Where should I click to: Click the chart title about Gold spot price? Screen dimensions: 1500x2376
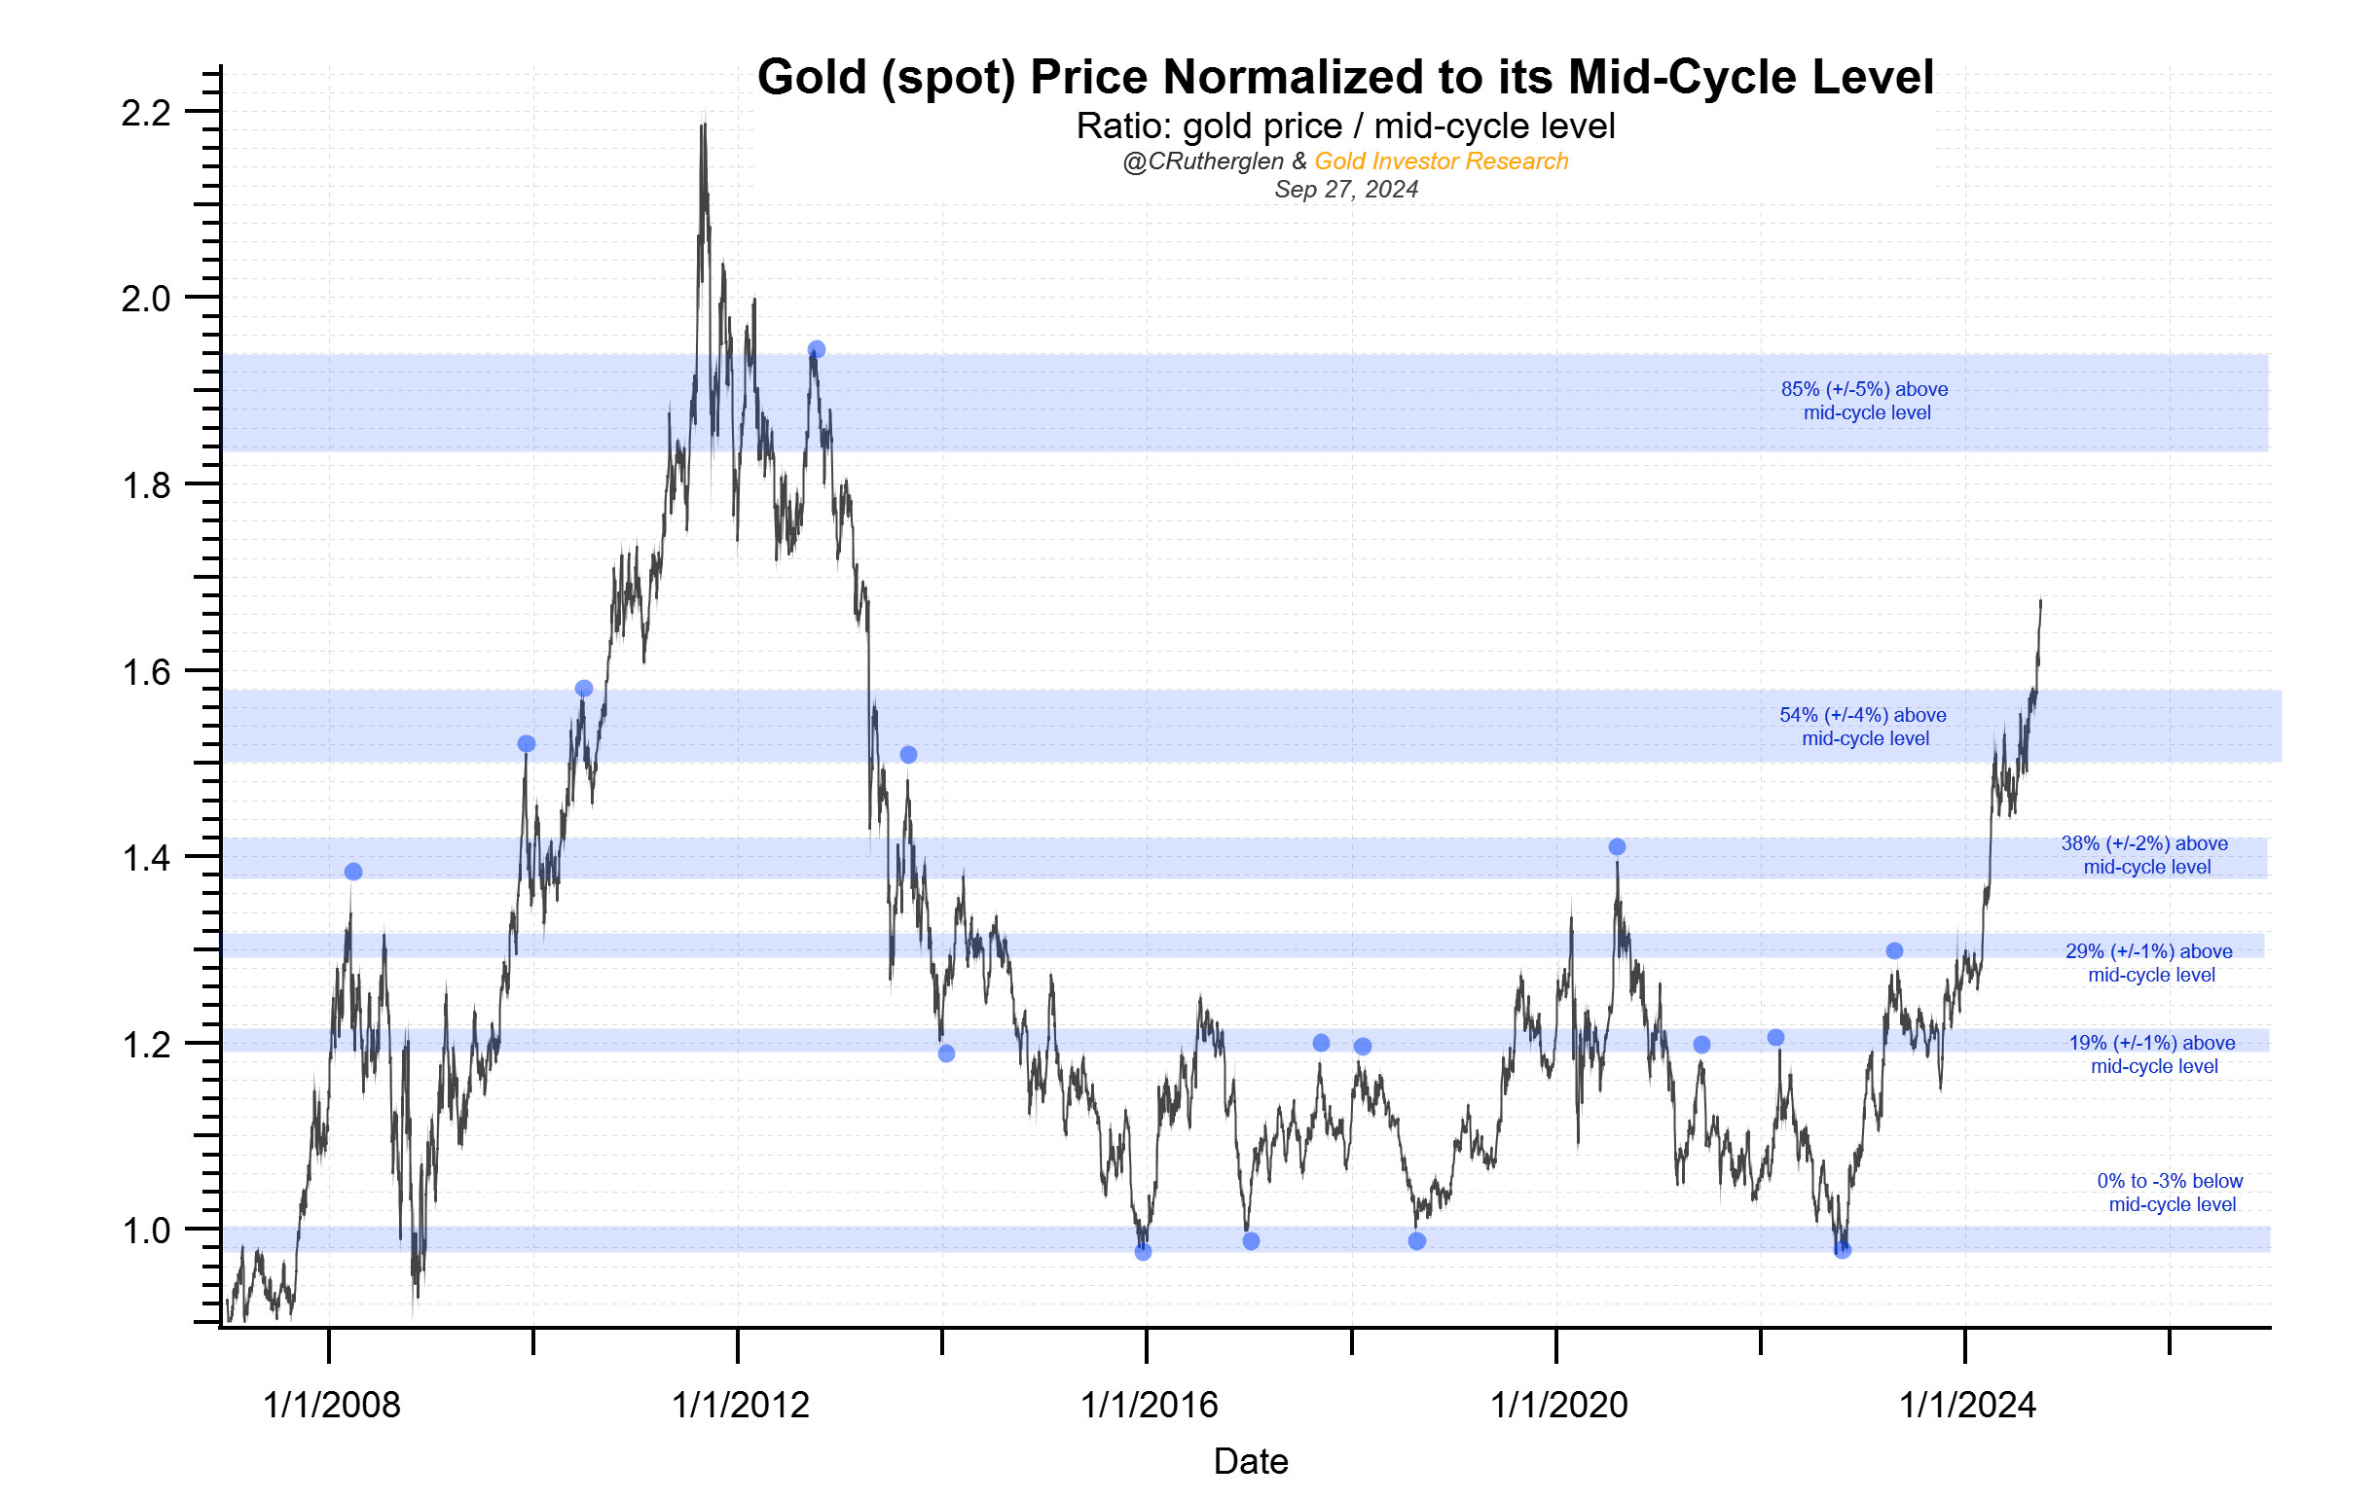pos(1345,77)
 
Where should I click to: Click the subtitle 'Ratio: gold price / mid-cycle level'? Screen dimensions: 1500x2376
pos(1345,126)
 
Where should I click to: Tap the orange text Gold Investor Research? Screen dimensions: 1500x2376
pos(1441,161)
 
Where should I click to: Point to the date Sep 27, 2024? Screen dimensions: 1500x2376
pos(1345,190)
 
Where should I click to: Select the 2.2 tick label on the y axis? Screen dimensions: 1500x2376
pos(146,114)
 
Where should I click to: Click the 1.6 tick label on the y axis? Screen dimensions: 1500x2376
pos(146,672)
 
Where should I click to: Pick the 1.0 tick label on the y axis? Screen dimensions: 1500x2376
pos(146,1231)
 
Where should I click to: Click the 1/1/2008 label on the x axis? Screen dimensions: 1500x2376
pos(332,1405)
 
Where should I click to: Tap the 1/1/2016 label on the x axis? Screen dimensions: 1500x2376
pos(1149,1405)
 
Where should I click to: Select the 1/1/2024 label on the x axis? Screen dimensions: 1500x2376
pos(1966,1405)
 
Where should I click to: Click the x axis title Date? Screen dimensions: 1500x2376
pos(1250,1460)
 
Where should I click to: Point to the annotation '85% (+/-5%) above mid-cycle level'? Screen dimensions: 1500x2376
pos(1864,401)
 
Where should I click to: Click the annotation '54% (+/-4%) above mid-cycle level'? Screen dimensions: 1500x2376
pos(1863,726)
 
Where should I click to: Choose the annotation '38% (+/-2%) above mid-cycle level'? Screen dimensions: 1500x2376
pos(2144,855)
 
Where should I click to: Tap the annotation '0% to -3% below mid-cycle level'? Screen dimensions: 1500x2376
pos(2170,1192)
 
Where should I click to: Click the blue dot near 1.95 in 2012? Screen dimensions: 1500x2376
pos(816,349)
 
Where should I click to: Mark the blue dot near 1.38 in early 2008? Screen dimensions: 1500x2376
pos(353,871)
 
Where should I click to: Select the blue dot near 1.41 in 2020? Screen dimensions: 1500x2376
pos(1616,846)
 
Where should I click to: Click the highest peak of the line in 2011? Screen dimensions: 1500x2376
pos(703,124)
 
